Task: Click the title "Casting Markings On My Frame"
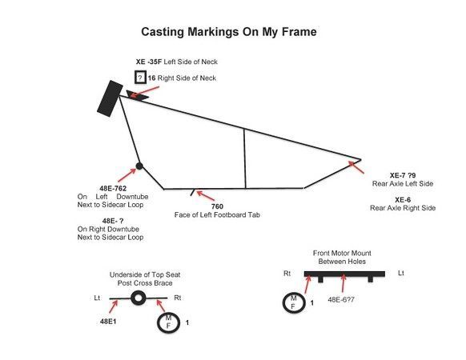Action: click(228, 32)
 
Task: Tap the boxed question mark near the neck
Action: click(140, 78)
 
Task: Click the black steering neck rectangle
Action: click(110, 98)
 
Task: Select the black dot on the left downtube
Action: click(139, 166)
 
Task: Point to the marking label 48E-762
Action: click(113, 188)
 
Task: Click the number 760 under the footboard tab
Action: click(217, 206)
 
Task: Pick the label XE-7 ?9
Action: click(403, 175)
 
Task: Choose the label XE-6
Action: click(403, 200)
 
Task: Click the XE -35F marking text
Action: click(149, 62)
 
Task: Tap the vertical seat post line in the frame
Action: click(244, 158)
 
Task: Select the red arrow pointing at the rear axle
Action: click(356, 167)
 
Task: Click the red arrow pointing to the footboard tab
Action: click(205, 196)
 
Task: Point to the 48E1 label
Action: click(108, 322)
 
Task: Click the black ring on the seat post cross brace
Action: click(139, 292)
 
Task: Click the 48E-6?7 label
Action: click(341, 299)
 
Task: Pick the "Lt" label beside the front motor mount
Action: click(401, 273)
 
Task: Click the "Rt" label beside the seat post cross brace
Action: click(178, 298)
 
